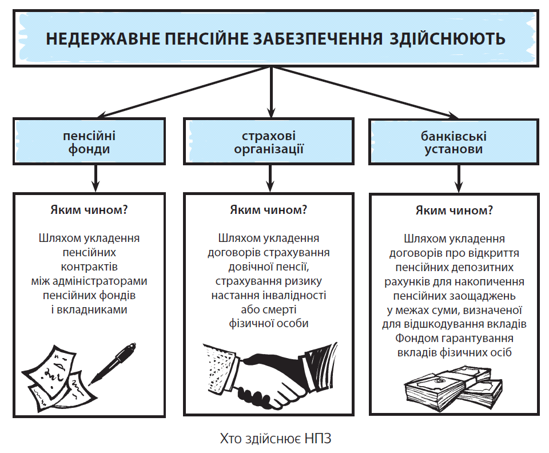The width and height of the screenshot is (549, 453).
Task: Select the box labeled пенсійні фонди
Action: (x=89, y=141)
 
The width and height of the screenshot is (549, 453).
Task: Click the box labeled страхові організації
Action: (x=269, y=141)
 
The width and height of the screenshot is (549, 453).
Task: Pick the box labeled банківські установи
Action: (x=453, y=142)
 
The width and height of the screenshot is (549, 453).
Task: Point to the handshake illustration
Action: (x=270, y=374)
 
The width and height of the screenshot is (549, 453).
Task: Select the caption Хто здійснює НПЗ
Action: (x=276, y=438)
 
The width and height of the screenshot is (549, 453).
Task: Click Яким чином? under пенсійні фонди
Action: (x=89, y=210)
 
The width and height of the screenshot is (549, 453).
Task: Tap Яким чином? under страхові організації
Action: (x=269, y=210)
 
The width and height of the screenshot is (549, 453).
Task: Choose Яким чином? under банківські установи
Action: (x=454, y=210)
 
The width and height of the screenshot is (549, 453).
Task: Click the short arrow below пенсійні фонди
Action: (x=96, y=178)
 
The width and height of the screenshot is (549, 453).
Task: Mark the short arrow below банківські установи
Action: (x=459, y=178)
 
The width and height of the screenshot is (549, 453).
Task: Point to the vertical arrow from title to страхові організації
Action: (x=270, y=92)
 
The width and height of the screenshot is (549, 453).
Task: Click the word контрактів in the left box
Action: (x=89, y=267)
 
